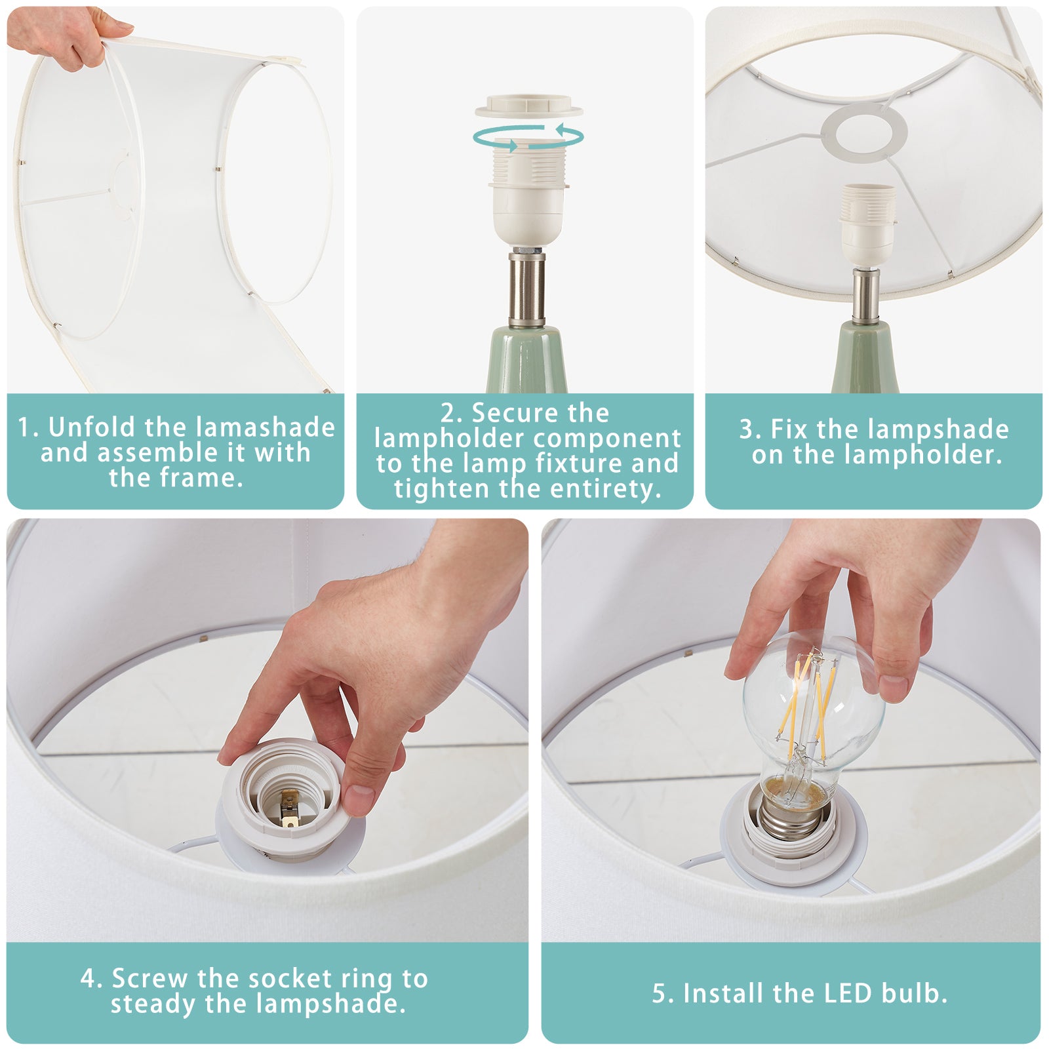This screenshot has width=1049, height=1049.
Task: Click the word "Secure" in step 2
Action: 516,413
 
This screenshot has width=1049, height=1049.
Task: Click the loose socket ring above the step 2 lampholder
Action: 529,106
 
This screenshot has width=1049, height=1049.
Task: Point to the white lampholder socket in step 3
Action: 868,226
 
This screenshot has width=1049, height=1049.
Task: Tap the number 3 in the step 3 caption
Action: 746,430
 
